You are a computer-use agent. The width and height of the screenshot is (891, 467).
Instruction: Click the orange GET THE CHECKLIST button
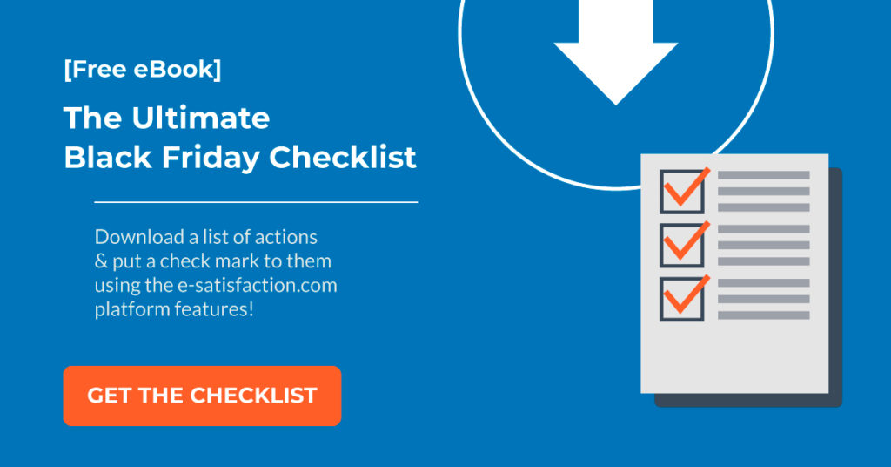[x=202, y=396]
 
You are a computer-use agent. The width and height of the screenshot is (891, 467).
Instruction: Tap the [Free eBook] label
[x=143, y=70]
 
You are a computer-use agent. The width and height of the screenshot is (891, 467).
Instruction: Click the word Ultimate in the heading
[x=201, y=118]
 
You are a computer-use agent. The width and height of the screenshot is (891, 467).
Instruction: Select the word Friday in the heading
[x=211, y=158]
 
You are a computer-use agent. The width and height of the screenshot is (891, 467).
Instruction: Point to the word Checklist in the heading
[x=343, y=157]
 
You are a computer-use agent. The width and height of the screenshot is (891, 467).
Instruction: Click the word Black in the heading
[x=108, y=157]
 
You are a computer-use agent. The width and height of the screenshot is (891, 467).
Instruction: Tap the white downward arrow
[x=616, y=52]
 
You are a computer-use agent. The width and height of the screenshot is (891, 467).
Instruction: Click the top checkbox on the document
[x=682, y=192]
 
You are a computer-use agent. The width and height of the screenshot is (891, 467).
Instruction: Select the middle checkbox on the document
[x=682, y=245]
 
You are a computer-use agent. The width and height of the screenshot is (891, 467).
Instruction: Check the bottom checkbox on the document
[x=682, y=299]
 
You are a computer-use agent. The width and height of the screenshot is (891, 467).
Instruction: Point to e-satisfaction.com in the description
[x=258, y=284]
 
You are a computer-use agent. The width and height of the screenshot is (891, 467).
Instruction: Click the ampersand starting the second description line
[x=101, y=261]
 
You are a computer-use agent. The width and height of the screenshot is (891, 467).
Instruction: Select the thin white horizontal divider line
[x=256, y=202]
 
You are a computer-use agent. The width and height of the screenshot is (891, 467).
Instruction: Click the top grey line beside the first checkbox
[x=764, y=175]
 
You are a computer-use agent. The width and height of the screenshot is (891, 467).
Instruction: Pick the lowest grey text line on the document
[x=764, y=315]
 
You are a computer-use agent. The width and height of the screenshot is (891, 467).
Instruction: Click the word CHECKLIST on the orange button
[x=253, y=396]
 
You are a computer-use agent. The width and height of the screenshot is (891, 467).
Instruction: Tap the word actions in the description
[x=285, y=237]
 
